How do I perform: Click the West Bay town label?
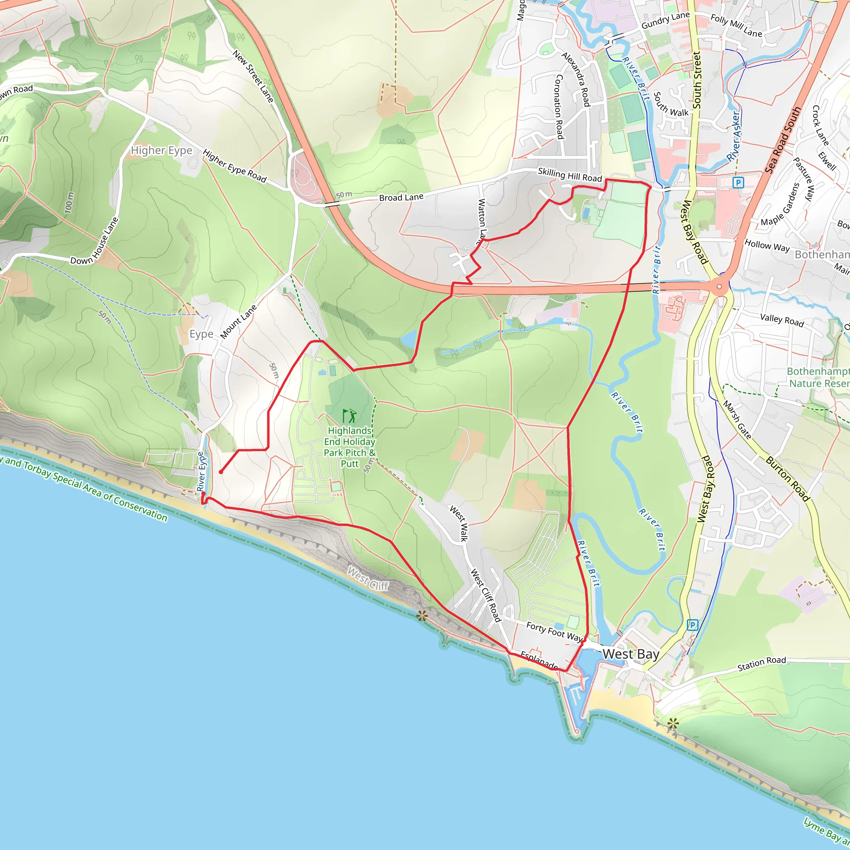[x=630, y=654]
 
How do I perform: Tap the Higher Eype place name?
[x=161, y=151]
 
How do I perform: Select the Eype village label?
[x=201, y=335]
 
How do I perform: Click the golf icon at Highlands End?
[x=349, y=415]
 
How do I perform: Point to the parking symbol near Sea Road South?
[x=738, y=182]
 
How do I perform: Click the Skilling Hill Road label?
[x=569, y=175]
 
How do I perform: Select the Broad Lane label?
[x=401, y=197]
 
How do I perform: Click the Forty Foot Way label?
[x=554, y=632]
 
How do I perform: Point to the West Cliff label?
[x=368, y=579]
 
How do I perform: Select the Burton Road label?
[x=787, y=479]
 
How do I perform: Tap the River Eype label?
[x=201, y=472]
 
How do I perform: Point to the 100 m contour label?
[x=69, y=203]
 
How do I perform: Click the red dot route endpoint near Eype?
[x=221, y=472]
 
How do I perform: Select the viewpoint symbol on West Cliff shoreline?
[x=422, y=616]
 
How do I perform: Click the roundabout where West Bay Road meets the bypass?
[x=719, y=287]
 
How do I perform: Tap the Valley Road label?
[x=782, y=320]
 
